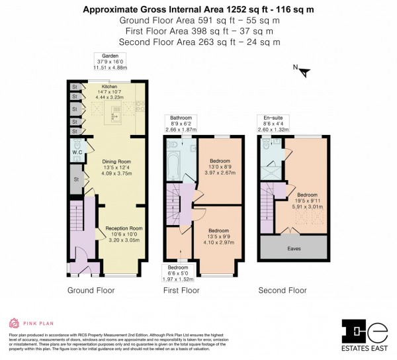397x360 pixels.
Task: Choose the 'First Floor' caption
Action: (181, 291)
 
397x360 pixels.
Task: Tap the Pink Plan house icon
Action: (13, 324)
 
